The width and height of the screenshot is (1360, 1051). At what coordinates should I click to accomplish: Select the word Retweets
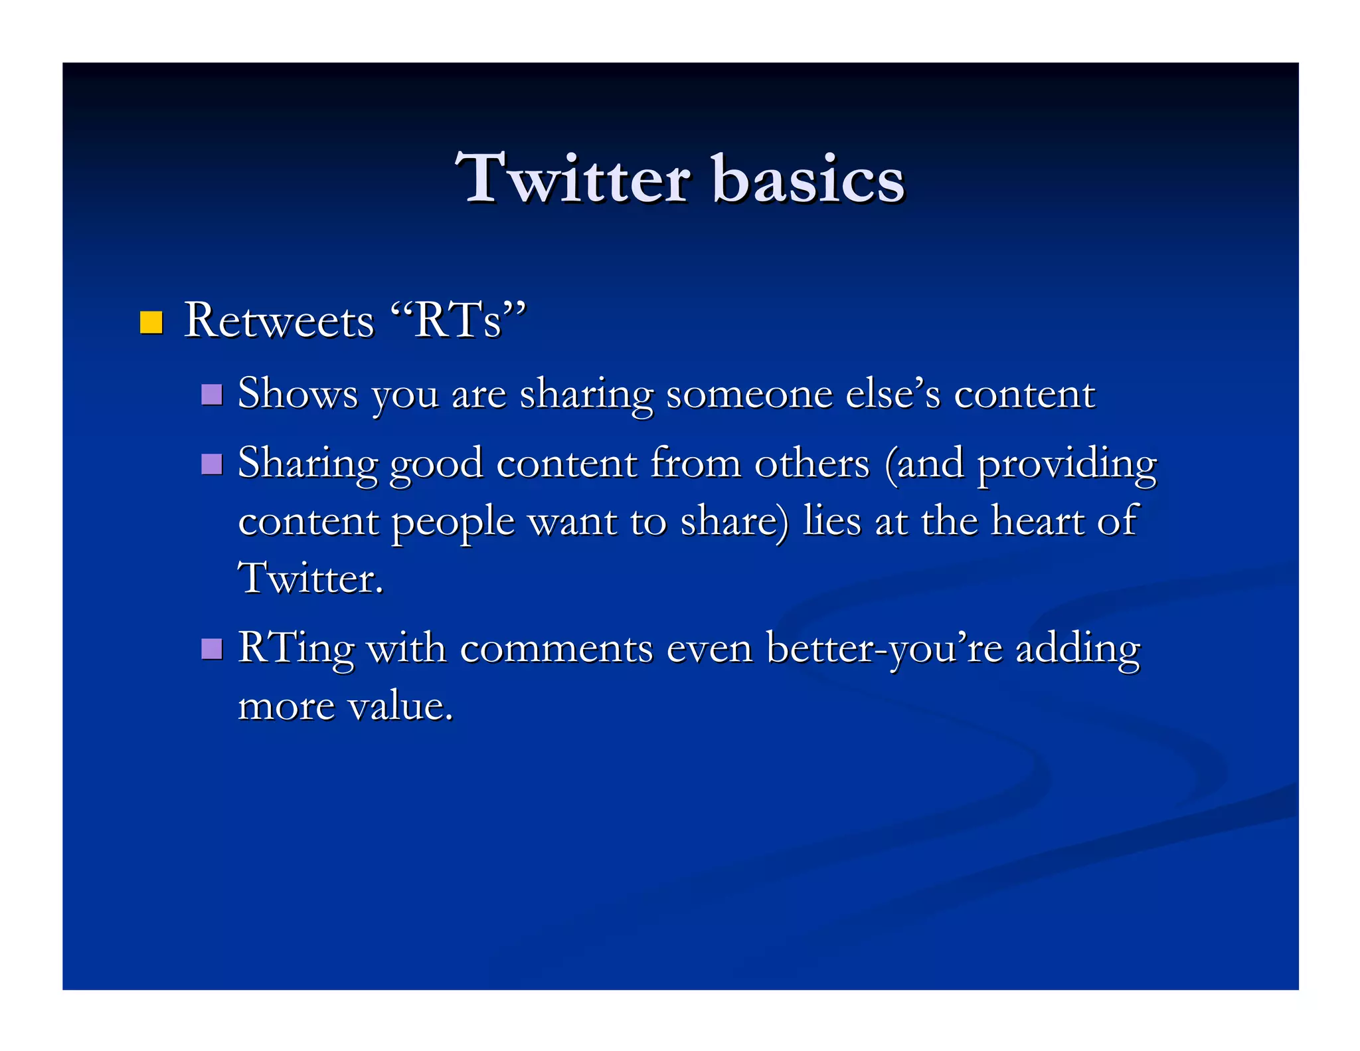pyautogui.click(x=279, y=322)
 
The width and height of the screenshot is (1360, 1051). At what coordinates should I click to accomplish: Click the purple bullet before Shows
pyautogui.click(x=211, y=394)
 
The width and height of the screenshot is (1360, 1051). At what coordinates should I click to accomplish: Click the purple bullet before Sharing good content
pyautogui.click(x=211, y=464)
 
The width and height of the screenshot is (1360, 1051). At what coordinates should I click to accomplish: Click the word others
pyautogui.click(x=811, y=463)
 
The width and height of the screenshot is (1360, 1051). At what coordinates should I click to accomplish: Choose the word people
pyautogui.click(x=453, y=522)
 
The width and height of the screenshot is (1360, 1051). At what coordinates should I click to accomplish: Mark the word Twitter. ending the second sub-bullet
pyautogui.click(x=311, y=578)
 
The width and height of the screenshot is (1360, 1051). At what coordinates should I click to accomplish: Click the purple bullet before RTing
pyautogui.click(x=211, y=648)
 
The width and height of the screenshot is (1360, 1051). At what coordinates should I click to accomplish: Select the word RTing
pyautogui.click(x=296, y=649)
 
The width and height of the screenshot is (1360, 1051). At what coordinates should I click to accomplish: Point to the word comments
pyautogui.click(x=556, y=648)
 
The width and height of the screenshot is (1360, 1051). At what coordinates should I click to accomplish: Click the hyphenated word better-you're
pyautogui.click(x=884, y=649)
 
